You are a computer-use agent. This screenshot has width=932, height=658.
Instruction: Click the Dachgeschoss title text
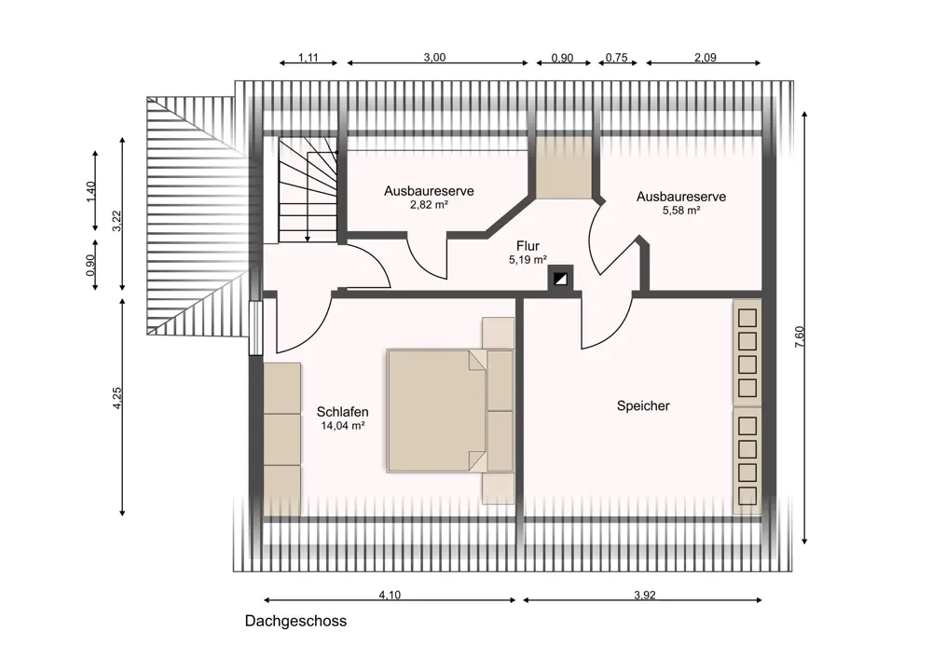pyautogui.click(x=295, y=622)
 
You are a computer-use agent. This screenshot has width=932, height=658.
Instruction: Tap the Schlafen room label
pyautogui.click(x=342, y=411)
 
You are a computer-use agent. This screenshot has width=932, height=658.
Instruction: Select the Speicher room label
pyautogui.click(x=643, y=406)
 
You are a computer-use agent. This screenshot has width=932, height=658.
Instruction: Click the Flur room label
pyautogui.click(x=528, y=246)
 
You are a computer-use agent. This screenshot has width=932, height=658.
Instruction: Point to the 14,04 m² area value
pyautogui.click(x=342, y=426)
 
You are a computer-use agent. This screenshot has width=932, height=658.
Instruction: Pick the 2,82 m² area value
pyautogui.click(x=429, y=205)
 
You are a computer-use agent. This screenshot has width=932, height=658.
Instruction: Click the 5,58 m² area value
pyautogui.click(x=681, y=210)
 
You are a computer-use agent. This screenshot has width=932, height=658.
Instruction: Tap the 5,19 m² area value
pyautogui.click(x=528, y=260)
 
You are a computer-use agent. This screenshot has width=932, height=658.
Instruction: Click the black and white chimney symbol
pyautogui.click(x=560, y=280)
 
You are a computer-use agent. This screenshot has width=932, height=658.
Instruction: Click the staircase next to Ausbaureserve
pyautogui.click(x=308, y=190)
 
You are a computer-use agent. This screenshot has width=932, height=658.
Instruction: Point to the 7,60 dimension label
pyautogui.click(x=800, y=337)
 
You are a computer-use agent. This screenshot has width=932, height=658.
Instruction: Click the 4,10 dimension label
pyautogui.click(x=390, y=595)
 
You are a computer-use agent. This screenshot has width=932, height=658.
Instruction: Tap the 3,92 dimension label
pyautogui.click(x=644, y=595)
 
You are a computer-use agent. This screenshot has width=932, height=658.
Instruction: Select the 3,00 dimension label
pyautogui.click(x=434, y=57)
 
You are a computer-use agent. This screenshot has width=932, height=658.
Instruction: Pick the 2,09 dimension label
pyautogui.click(x=705, y=57)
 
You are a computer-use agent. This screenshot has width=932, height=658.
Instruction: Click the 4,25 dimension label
pyautogui.click(x=117, y=398)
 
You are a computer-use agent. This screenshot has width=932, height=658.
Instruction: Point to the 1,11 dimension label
pyautogui.click(x=308, y=58)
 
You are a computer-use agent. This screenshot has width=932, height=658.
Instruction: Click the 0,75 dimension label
pyautogui.click(x=616, y=58)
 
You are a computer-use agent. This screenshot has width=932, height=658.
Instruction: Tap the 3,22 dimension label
pyautogui.click(x=117, y=221)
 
